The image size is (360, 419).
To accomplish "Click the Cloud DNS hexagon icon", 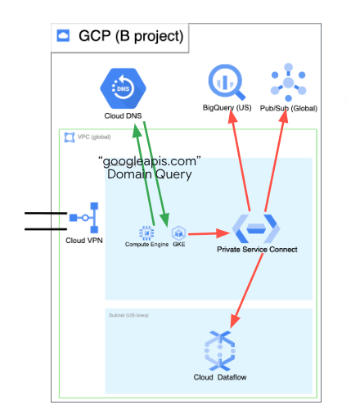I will [x=121, y=88].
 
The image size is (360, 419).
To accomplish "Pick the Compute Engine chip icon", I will [x=147, y=232].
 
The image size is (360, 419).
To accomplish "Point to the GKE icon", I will [x=178, y=232].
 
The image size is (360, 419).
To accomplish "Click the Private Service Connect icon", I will [x=256, y=226].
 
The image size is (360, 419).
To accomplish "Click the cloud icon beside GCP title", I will [x=64, y=36].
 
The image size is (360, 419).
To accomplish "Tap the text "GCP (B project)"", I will [x=131, y=36].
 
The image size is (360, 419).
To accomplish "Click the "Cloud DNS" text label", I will [x=121, y=115].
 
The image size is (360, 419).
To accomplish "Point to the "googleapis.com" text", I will [x=149, y=160].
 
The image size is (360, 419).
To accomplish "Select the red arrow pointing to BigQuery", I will [x=239, y=160].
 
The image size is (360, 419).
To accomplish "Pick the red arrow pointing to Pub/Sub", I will [x=275, y=160].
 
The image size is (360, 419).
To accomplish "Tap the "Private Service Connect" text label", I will [x=257, y=250].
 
